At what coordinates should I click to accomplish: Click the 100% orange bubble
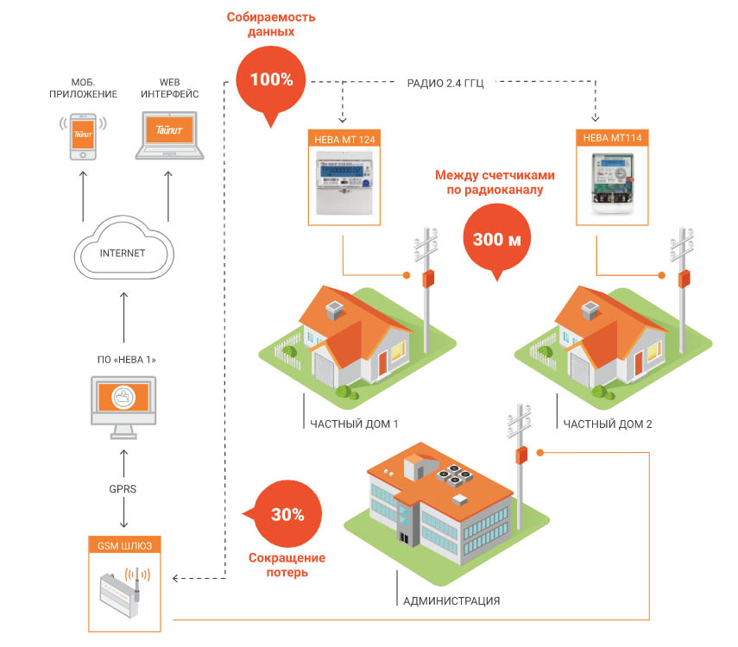[272, 79]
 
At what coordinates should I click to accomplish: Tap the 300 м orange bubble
[496, 239]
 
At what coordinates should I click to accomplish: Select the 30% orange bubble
[287, 514]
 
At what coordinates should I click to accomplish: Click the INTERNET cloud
[123, 251]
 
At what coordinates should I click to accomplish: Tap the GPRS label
[123, 489]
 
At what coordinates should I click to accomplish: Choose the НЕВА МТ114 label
[613, 137]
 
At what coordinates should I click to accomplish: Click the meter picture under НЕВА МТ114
[613, 182]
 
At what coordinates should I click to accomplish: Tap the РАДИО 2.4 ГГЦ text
[445, 84]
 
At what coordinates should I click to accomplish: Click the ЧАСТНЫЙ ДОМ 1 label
[353, 424]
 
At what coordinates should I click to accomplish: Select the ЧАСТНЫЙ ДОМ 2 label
[608, 424]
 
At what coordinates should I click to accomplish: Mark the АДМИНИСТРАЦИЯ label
[451, 600]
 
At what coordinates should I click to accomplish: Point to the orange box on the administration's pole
[521, 454]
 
